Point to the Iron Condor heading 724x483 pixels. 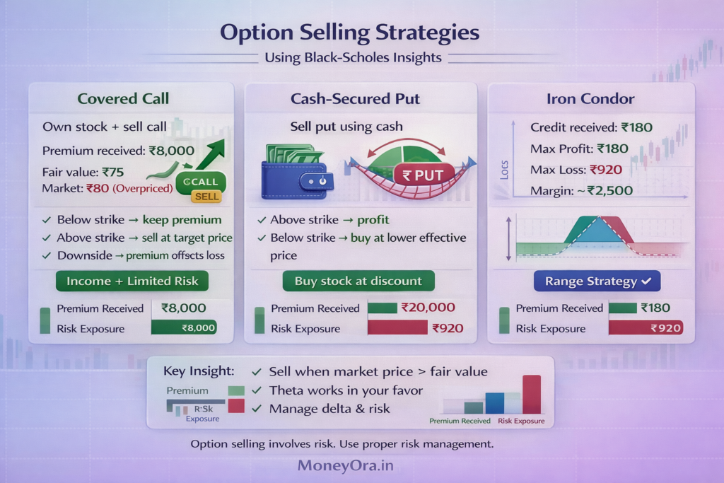590,98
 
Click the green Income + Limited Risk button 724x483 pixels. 132,281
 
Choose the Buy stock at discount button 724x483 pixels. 358,281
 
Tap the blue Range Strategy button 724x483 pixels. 597,281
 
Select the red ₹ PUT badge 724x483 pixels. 419,175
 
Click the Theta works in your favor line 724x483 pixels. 346,390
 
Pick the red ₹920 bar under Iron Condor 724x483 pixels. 646,327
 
